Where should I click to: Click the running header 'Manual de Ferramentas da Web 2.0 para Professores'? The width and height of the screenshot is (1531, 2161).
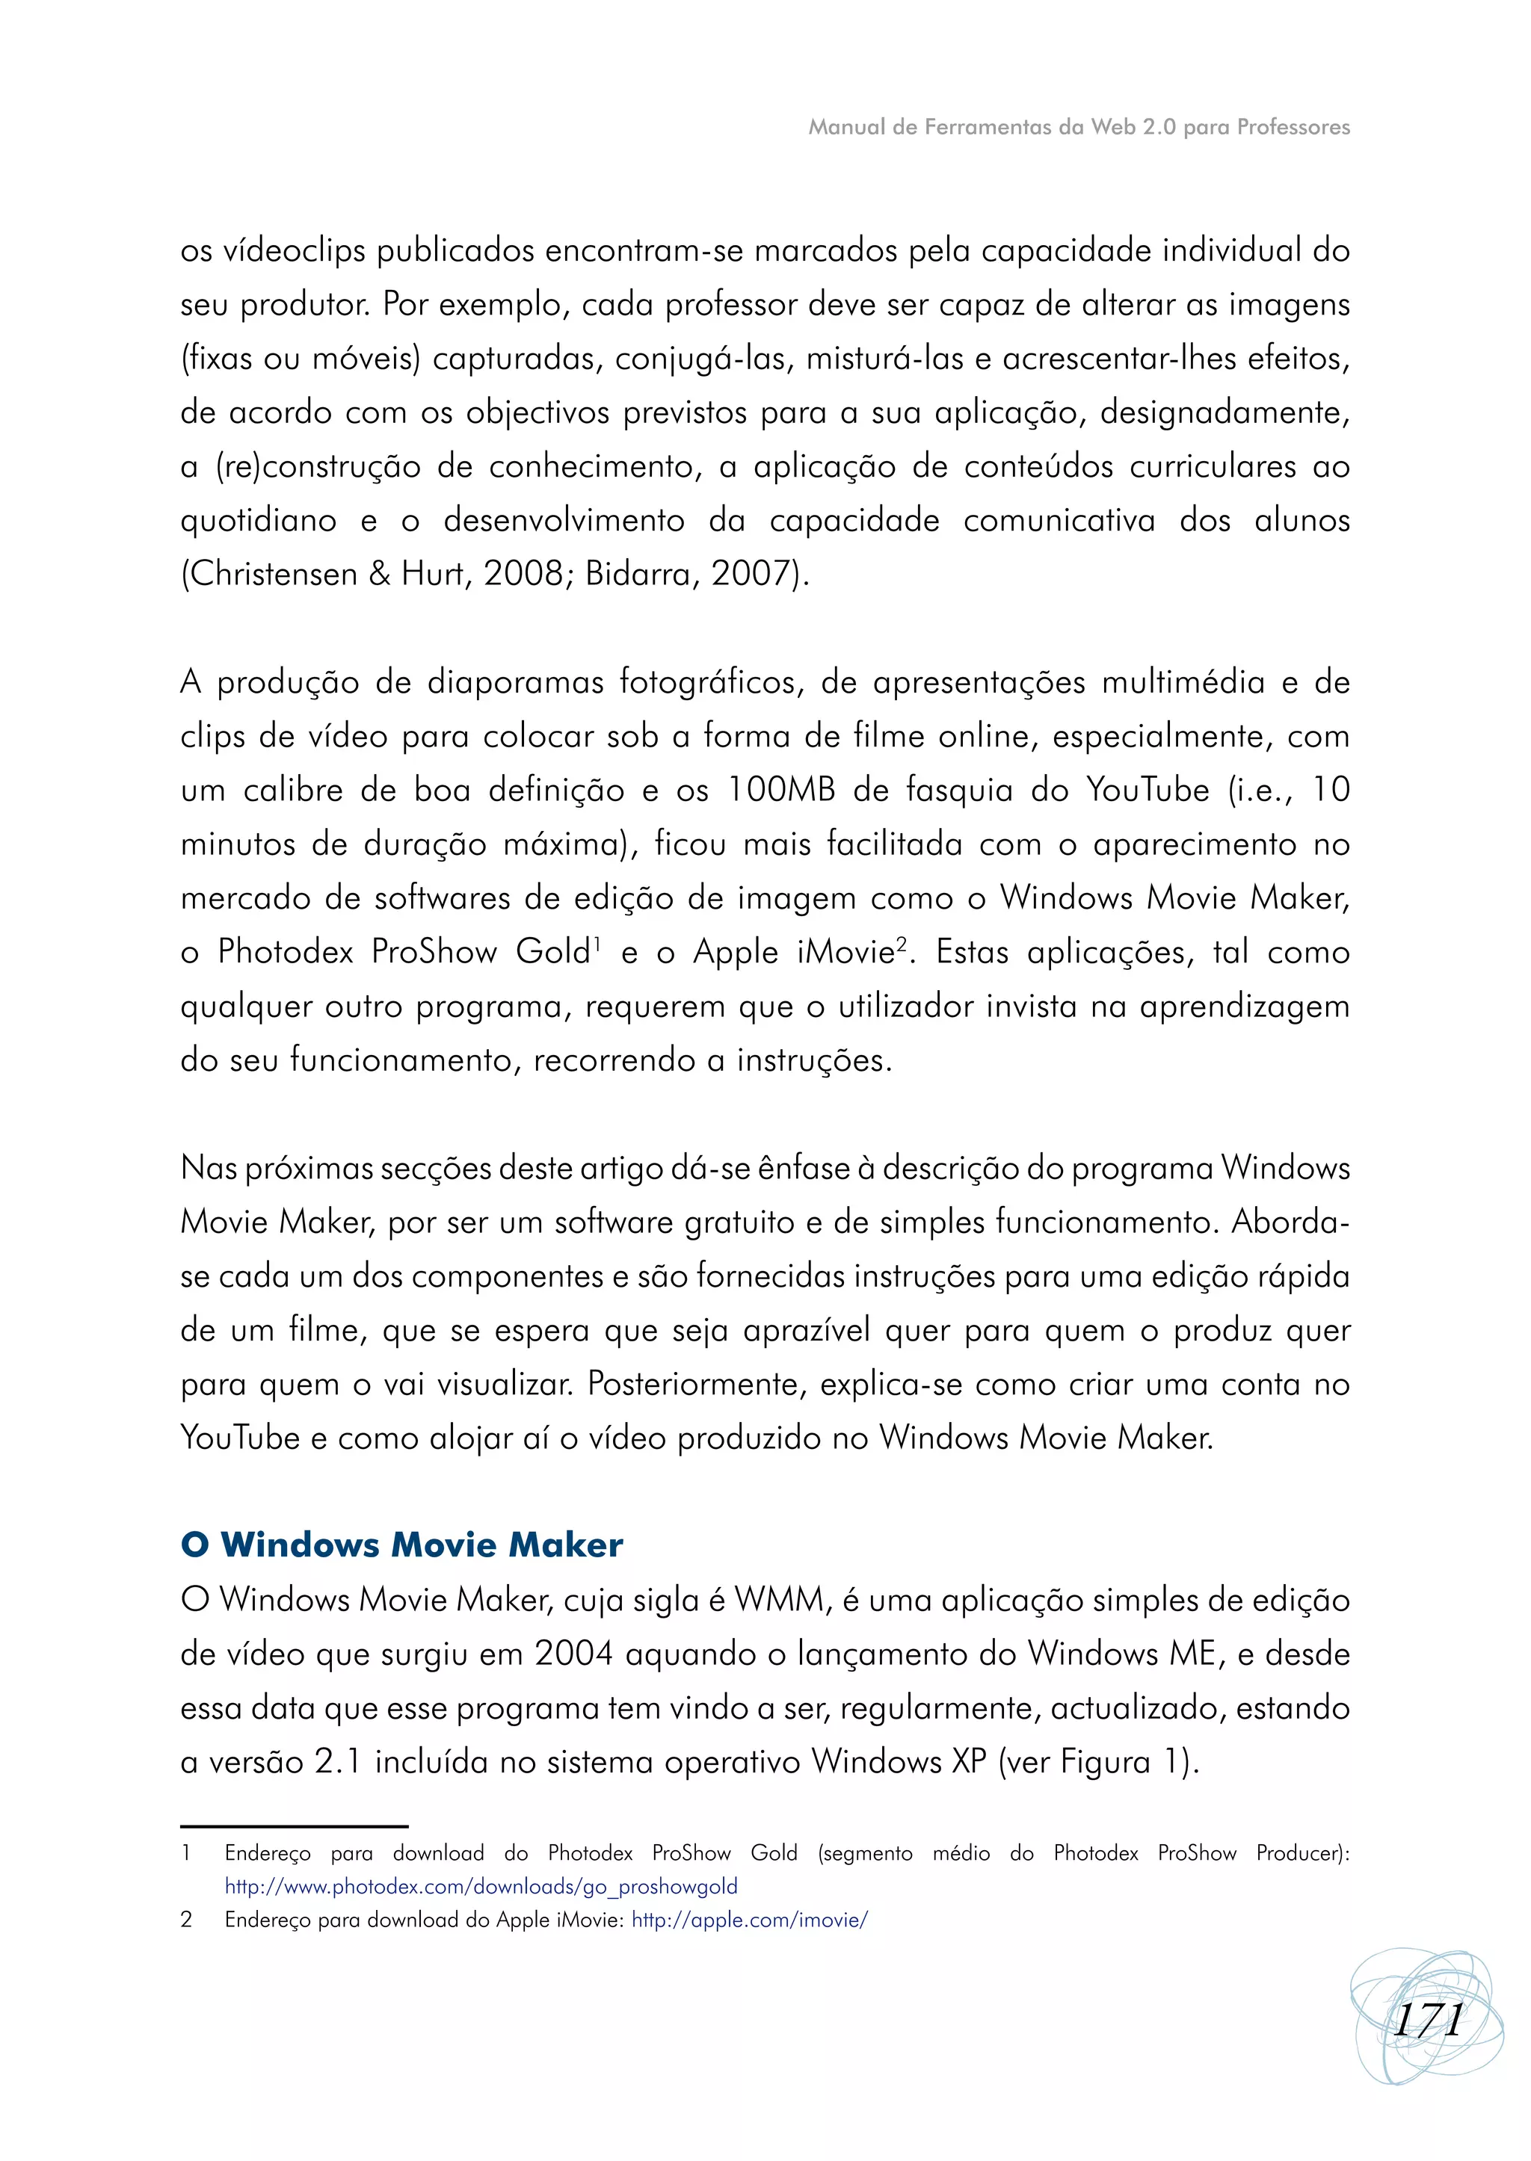coord(1079,127)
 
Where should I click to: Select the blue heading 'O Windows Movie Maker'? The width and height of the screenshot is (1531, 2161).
coord(401,1545)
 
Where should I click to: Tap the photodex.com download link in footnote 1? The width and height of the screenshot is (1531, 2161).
coord(481,1886)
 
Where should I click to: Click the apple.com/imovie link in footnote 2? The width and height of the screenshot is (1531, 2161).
coord(750,1920)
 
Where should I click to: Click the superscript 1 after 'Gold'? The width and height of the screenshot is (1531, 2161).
coord(596,941)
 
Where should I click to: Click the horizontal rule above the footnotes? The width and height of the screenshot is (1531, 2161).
coord(294,1825)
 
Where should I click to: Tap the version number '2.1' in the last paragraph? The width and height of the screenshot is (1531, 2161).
coord(337,1761)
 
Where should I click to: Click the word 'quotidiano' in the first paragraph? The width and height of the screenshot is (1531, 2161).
coord(259,520)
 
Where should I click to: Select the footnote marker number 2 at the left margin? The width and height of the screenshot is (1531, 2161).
coord(187,1920)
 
